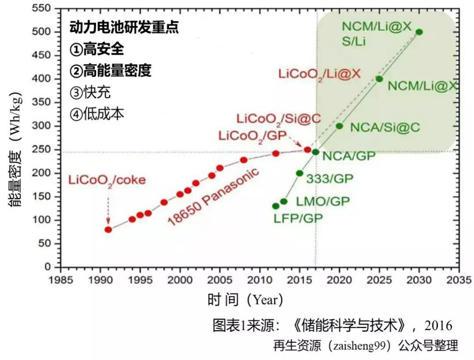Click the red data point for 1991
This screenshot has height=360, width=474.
click(x=108, y=229)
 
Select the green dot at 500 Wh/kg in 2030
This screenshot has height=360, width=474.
click(x=419, y=32)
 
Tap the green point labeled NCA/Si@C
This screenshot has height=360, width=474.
click(x=339, y=126)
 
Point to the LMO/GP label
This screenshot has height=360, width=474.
click(x=323, y=201)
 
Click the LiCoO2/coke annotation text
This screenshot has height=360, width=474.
click(x=106, y=180)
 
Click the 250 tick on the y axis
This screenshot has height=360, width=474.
click(x=44, y=150)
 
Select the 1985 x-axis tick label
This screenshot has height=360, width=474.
click(x=61, y=280)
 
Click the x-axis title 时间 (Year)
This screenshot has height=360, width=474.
click(x=245, y=300)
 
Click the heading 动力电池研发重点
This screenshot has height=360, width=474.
click(x=124, y=28)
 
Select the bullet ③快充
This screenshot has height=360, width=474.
click(x=90, y=93)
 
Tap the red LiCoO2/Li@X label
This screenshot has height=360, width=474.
click(x=319, y=73)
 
